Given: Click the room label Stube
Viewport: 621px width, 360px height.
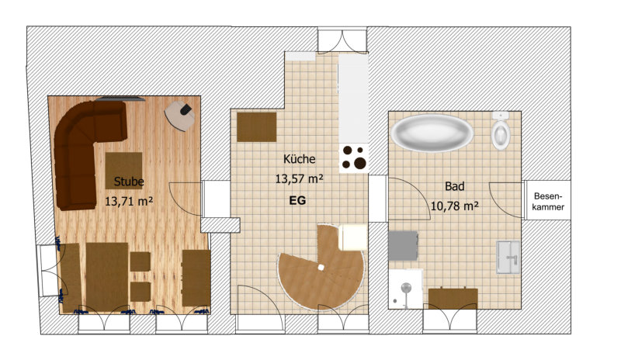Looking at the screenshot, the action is click(x=129, y=182).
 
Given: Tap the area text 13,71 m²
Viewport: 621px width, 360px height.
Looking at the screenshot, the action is click(x=129, y=202).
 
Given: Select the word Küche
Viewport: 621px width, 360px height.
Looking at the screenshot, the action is click(x=300, y=159).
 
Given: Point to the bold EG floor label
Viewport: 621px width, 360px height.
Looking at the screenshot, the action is click(x=297, y=201).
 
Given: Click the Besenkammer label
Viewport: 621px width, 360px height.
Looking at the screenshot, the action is click(x=548, y=201).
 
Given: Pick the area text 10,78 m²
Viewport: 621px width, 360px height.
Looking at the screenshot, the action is click(x=455, y=206).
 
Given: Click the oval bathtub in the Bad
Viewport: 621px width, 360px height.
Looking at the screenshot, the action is click(x=432, y=133).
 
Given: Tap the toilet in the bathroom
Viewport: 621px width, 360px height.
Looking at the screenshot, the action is click(x=501, y=130).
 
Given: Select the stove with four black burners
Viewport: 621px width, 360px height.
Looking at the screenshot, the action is click(x=354, y=157).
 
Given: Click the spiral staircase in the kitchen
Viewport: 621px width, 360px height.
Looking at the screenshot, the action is click(x=321, y=268).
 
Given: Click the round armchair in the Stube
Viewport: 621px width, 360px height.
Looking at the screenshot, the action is click(x=180, y=116).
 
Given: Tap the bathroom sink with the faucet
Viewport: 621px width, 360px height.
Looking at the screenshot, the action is click(x=508, y=257).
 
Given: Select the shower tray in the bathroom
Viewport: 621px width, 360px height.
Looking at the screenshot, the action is click(x=405, y=289).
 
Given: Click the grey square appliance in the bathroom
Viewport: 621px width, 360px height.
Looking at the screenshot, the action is click(x=403, y=245).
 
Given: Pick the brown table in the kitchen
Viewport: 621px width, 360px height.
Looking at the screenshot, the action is click(x=257, y=126).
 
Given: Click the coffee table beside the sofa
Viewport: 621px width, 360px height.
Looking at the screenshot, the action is click(x=123, y=171).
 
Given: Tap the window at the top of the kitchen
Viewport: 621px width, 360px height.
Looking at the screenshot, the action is click(x=342, y=40).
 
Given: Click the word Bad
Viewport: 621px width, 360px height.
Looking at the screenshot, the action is click(x=455, y=186).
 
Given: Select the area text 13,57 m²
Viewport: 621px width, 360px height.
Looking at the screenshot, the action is click(x=300, y=179).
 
